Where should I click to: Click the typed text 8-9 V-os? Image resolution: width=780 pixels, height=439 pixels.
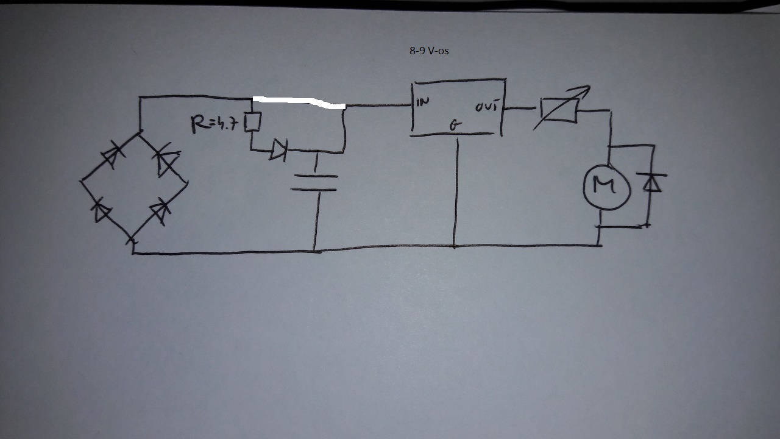[429, 51]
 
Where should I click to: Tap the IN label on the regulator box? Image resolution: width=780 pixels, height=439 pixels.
[422, 102]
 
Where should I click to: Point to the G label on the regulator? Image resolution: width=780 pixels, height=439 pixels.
[455, 126]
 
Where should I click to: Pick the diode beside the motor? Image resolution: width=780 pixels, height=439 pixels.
[652, 182]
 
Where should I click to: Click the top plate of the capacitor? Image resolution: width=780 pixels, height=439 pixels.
[314, 176]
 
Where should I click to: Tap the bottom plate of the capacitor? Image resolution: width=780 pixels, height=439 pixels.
[314, 190]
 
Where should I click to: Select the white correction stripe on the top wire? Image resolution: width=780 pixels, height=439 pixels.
[299, 101]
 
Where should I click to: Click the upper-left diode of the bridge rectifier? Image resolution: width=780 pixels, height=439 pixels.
[110, 156]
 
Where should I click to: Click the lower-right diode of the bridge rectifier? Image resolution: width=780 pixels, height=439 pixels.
[160, 211]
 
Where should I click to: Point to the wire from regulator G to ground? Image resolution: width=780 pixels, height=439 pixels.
[455, 189]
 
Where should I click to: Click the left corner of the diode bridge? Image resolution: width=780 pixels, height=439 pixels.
[81, 181]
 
